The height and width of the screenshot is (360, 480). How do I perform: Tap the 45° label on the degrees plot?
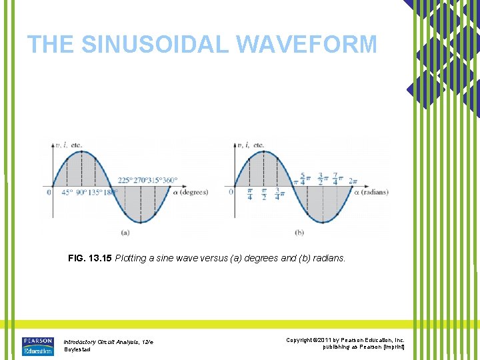pos(67,193)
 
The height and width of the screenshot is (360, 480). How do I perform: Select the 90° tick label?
pos(82,193)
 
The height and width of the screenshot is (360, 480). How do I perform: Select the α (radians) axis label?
pos(371,192)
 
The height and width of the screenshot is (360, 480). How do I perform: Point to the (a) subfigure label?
pos(124,232)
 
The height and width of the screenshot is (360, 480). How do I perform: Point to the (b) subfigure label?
pos(299,232)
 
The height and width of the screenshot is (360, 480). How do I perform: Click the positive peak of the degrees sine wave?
pos(81,151)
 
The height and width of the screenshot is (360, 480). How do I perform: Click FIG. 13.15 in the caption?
pos(90,257)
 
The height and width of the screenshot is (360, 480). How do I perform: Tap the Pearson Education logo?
pos(37,346)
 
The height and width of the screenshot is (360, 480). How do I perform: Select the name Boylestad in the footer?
pos(77,349)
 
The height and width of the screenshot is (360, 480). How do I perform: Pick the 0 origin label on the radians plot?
pos(231,192)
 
